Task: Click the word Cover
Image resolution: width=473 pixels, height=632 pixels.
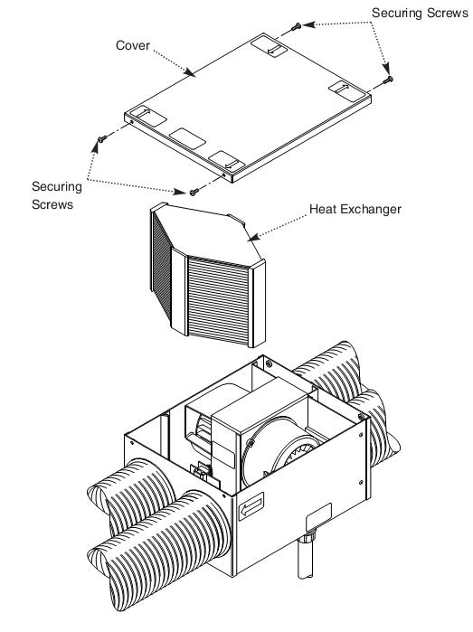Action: [x=133, y=45]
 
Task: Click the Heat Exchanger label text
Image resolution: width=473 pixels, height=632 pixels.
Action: [x=355, y=209]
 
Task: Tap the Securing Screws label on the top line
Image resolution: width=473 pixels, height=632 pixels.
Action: [x=420, y=13]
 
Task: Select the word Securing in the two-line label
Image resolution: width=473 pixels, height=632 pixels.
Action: [x=57, y=186]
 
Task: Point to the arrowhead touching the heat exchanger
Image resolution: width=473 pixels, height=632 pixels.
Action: [x=253, y=238]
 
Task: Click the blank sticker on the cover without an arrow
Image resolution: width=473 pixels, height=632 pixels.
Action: [x=187, y=138]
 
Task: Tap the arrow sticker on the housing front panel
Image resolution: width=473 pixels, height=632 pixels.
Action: [x=251, y=506]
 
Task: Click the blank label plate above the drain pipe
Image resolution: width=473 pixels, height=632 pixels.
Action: [x=318, y=517]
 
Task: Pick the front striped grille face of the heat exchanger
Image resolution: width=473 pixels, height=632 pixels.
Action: [x=218, y=300]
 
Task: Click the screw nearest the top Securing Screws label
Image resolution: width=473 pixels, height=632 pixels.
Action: [x=297, y=26]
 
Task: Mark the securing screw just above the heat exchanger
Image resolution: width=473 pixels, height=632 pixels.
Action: [x=194, y=192]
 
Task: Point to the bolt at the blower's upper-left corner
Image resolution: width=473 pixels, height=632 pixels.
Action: [x=250, y=442]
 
